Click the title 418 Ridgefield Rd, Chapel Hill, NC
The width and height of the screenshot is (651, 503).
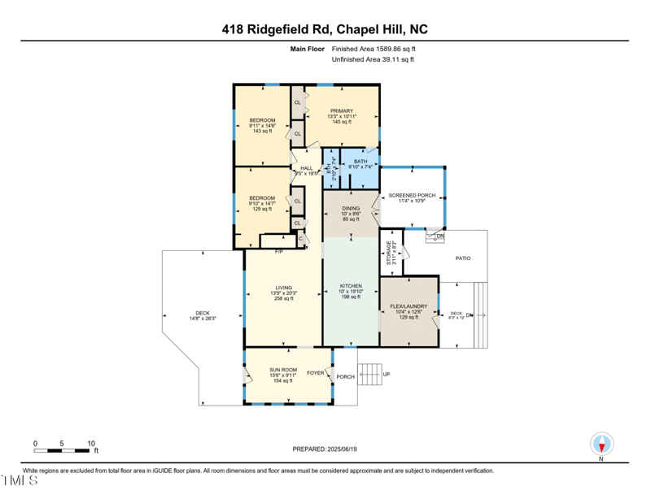click(325, 29)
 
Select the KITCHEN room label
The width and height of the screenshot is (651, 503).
click(351, 286)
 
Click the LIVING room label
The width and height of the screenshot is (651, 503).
click(283, 287)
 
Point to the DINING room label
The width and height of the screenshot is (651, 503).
click(351, 209)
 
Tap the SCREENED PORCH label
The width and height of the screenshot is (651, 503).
click(412, 196)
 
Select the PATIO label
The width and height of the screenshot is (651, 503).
click(462, 259)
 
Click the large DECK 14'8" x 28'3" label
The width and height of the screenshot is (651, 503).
click(203, 313)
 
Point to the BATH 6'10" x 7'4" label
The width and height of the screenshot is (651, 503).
click(360, 162)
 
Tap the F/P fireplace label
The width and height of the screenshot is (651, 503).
click(278, 251)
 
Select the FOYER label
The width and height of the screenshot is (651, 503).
click(316, 373)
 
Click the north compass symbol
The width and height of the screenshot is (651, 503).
click(601, 444)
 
